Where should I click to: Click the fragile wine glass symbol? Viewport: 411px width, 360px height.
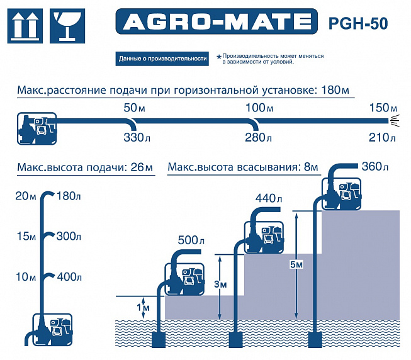coord(67,26)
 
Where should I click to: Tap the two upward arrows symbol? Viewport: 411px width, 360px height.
coord(25,26)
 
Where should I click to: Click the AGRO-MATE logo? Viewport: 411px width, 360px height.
coord(217,21)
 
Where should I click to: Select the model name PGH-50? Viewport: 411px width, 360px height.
coord(358,23)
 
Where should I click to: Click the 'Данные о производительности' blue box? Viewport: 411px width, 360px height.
coord(162,59)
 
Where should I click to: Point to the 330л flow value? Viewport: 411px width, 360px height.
coord(137,138)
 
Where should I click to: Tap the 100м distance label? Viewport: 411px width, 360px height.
coord(259,108)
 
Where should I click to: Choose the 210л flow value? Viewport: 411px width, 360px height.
coord(382,138)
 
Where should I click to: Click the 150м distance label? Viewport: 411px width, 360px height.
coord(383,108)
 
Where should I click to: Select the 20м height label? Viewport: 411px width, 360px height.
coord(26,196)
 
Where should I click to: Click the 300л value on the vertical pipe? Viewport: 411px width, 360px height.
coord(69,237)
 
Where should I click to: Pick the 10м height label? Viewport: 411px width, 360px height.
coord(26,277)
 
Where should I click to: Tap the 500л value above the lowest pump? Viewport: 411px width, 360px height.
coord(191,240)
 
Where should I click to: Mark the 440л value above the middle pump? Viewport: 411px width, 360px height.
coord(269,199)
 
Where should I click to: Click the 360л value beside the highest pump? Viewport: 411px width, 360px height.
coord(375,166)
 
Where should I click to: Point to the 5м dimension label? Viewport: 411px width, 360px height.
coord(296,264)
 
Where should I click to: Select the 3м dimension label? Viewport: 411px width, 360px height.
coord(220,284)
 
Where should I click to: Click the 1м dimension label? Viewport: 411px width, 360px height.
coord(143,307)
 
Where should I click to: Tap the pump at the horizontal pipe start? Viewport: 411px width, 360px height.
coord(37,128)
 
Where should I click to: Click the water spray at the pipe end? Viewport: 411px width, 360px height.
coord(395,121)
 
